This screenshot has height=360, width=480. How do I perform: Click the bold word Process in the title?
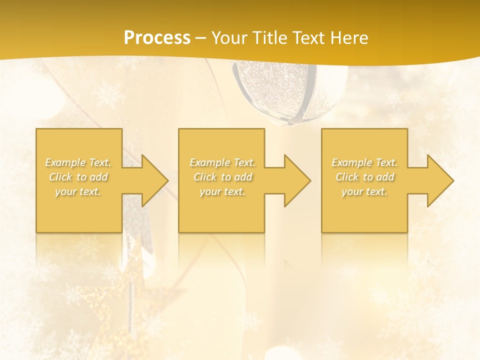click(157, 38)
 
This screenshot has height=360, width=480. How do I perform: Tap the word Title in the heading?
click(270, 38)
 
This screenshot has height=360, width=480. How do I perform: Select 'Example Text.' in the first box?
click(78, 162)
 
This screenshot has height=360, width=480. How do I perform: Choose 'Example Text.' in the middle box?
click(222, 162)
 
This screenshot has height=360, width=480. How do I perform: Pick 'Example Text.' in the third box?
click(364, 162)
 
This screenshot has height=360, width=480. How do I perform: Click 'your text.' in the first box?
click(78, 191)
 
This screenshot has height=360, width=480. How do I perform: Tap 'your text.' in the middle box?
click(222, 191)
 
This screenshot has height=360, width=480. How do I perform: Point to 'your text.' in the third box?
click(364, 191)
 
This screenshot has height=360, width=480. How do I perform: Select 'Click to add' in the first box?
click(78, 177)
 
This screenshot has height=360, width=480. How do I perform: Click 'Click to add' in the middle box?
click(222, 177)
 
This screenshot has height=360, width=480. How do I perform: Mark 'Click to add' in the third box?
click(364, 177)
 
